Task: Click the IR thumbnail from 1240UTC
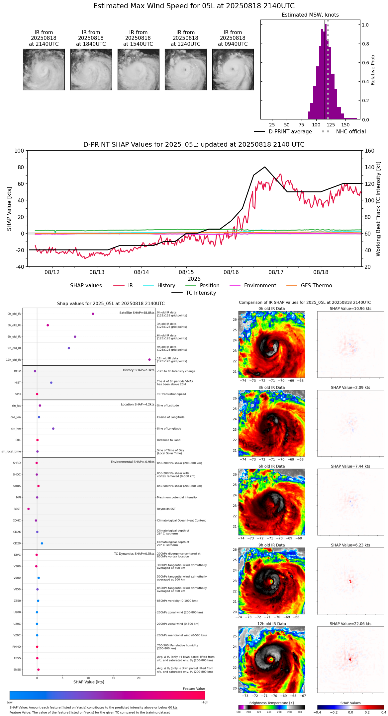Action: click(x=185, y=69)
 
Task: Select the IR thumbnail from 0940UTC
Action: click(x=233, y=69)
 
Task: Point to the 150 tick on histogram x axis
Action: click(x=345, y=125)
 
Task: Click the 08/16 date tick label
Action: click(x=231, y=272)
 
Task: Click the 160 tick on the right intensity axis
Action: click(x=370, y=151)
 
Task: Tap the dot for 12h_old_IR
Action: click(x=149, y=360)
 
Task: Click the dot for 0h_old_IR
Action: click(x=93, y=314)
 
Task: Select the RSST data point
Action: click(x=29, y=509)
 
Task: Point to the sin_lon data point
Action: click(x=53, y=429)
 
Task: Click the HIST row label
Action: click(x=18, y=383)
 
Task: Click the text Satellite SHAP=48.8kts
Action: click(x=137, y=313)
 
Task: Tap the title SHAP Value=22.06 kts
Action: click(x=350, y=624)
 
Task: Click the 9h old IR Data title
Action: click(x=271, y=545)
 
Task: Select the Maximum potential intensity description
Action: click(x=177, y=498)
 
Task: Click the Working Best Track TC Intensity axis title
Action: click(x=378, y=209)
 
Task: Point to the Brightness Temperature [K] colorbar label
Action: click(x=271, y=703)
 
